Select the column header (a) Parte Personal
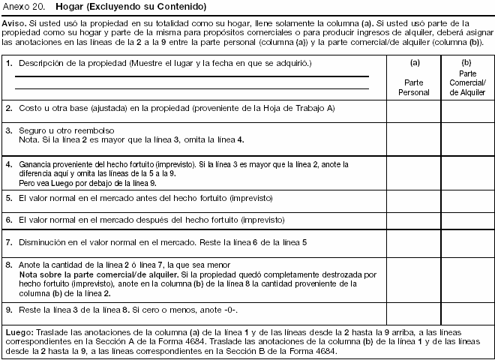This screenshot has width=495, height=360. pos(413,78)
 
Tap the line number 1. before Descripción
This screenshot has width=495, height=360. pos(9,64)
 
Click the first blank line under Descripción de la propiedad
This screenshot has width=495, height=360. pos(191,76)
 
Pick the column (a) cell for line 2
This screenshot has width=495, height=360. pos(413,110)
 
